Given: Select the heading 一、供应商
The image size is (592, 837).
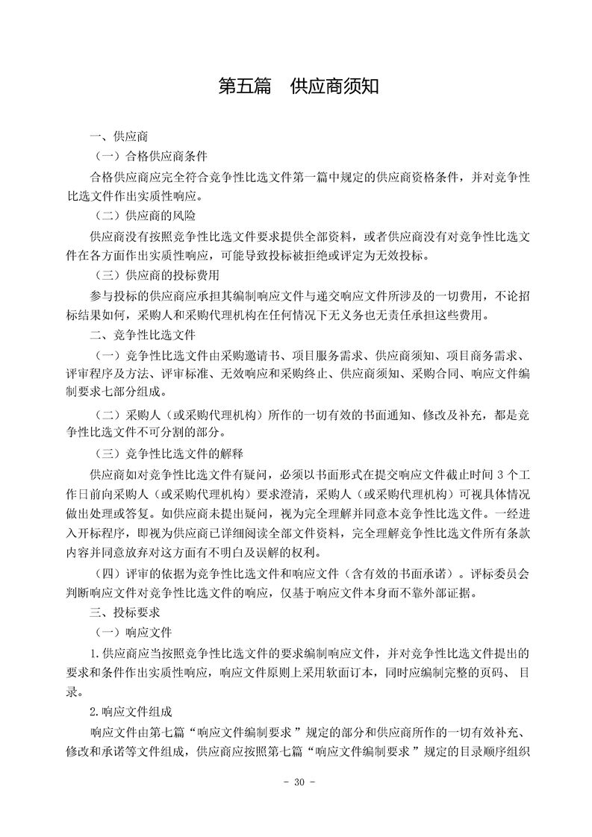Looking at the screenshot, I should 119,137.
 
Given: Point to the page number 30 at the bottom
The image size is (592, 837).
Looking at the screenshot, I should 296,783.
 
